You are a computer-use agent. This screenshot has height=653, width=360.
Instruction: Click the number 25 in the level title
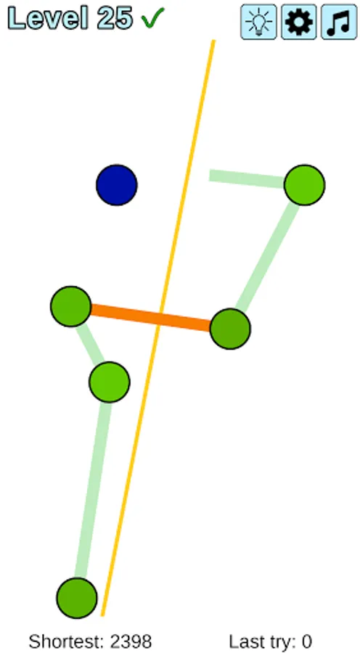[x=115, y=19]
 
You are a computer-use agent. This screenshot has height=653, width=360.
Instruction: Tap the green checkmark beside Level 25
[x=153, y=18]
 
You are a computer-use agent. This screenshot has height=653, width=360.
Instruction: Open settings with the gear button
[x=299, y=22]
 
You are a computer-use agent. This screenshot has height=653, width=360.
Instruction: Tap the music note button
[x=339, y=22]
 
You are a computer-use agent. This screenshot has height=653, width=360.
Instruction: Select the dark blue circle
[x=117, y=185]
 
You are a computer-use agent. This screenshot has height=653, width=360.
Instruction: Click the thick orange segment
[x=151, y=318]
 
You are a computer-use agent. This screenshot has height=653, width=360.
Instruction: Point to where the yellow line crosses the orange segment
[x=160, y=319]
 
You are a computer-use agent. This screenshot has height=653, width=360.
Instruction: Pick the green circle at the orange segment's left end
[x=71, y=306]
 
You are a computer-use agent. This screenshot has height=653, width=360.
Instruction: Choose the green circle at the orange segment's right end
[x=230, y=329]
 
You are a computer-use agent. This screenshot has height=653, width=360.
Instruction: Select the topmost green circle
[x=305, y=185]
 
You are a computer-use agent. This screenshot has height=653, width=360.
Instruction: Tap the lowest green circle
[x=77, y=598]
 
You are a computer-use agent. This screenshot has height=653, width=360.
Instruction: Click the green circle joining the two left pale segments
[x=109, y=382]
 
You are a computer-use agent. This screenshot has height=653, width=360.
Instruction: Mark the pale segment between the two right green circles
[x=268, y=257]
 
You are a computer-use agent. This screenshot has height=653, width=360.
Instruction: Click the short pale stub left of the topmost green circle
[x=247, y=178]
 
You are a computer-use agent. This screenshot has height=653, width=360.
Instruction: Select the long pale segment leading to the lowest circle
[x=94, y=490]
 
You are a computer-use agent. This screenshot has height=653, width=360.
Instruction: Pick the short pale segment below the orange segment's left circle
[x=90, y=344]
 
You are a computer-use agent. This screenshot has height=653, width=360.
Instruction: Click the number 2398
[x=131, y=642]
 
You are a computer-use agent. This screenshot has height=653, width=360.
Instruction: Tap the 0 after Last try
[x=307, y=642]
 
